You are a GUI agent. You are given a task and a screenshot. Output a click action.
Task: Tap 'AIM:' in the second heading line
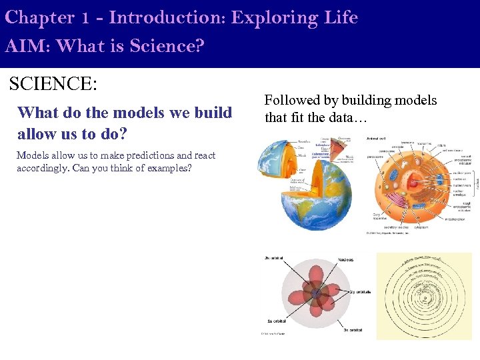pos(25,46)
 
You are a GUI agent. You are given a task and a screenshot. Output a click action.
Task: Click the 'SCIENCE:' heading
pos(53,85)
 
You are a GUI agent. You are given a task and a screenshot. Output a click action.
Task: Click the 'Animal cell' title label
pos(377,138)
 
